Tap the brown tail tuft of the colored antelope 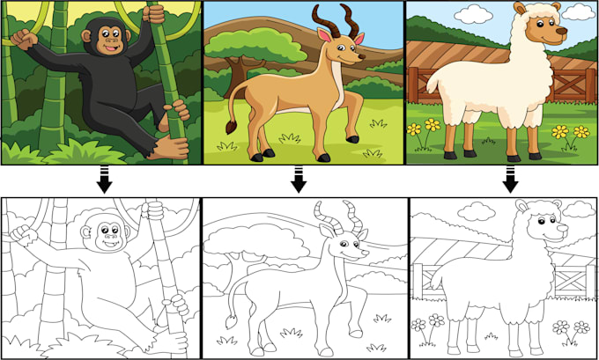pos(230,127)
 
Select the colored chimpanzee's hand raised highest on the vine pos(154,12)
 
